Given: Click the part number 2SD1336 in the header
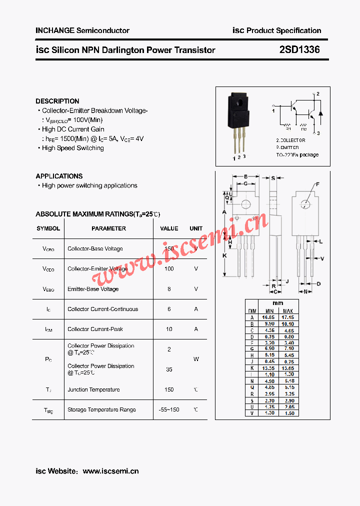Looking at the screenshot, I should pos(299,50).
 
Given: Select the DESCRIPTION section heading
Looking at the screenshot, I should pos(57,101).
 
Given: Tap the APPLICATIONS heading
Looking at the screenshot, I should pos(59,176).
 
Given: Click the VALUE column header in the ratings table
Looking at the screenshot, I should pos(169,228).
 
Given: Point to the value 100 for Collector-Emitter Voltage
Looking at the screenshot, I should pos(169,269).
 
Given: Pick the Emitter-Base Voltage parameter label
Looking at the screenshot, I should pos(93,289).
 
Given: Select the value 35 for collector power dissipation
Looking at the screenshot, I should pos(169,369).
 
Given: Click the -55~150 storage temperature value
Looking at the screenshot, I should pos(168,410).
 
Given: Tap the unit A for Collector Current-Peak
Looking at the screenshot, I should pos(196,329).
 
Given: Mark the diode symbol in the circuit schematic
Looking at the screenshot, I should pos(321,112).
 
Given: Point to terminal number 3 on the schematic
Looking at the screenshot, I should pos(318,133).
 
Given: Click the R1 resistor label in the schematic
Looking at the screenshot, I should pos(287,128).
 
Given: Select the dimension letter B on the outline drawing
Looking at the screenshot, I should pos(245,176).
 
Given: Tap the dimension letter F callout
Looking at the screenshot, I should pos(317,184).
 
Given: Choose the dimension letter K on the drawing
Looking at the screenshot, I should pos(225,255).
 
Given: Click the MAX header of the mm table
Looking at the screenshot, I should pos(287,311).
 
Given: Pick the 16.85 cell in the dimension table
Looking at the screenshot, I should pos(268,317).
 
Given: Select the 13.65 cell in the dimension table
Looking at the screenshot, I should pos(287,368).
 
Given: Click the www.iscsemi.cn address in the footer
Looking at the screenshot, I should pos(110,471).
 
